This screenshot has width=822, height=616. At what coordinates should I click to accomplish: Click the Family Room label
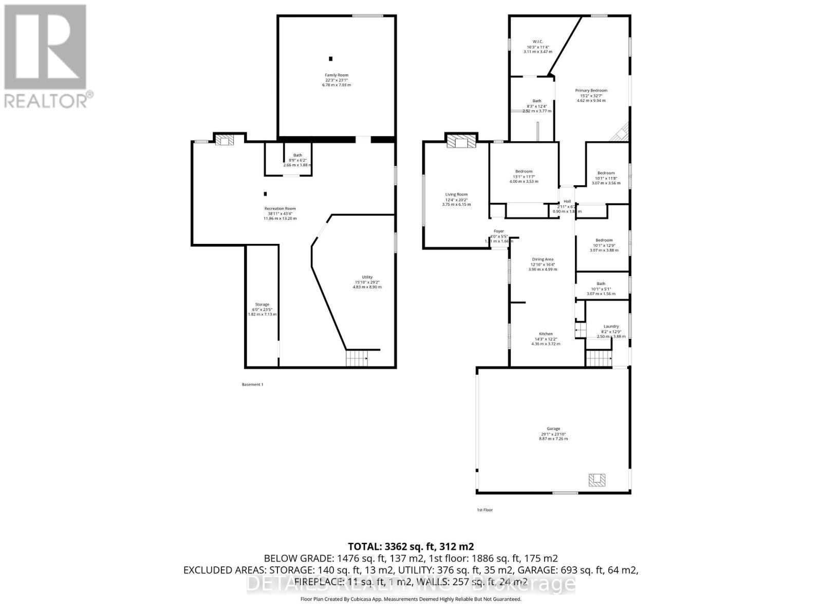coord(337,75)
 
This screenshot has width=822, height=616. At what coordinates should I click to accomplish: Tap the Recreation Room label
coord(280,209)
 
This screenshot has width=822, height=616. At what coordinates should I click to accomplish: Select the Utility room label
coord(367,277)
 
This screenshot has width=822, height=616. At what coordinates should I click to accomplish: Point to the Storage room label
coord(262,305)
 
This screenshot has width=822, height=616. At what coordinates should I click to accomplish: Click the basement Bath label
coord(297,155)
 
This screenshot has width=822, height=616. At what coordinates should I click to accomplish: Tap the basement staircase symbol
coord(357,358)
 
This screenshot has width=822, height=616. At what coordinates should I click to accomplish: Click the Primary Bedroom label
coord(591,91)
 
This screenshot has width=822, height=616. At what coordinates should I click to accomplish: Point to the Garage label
coord(553,429)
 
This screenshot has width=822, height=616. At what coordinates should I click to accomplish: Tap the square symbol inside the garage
coord(597,480)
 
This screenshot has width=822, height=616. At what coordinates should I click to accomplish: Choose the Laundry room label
coord(611,326)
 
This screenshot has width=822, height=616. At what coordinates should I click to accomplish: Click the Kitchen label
coord(546,334)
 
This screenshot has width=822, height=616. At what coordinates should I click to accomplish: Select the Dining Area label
coord(543,260)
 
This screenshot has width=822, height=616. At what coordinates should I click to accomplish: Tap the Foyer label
coord(499,232)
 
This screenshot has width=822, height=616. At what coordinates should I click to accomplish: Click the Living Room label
coord(456,195)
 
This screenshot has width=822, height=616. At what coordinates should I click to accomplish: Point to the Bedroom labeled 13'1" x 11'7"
coord(524,171)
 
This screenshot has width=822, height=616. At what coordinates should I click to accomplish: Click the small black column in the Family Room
coord(331,59)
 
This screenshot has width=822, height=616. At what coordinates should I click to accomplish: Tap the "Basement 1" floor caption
coord(252,384)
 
